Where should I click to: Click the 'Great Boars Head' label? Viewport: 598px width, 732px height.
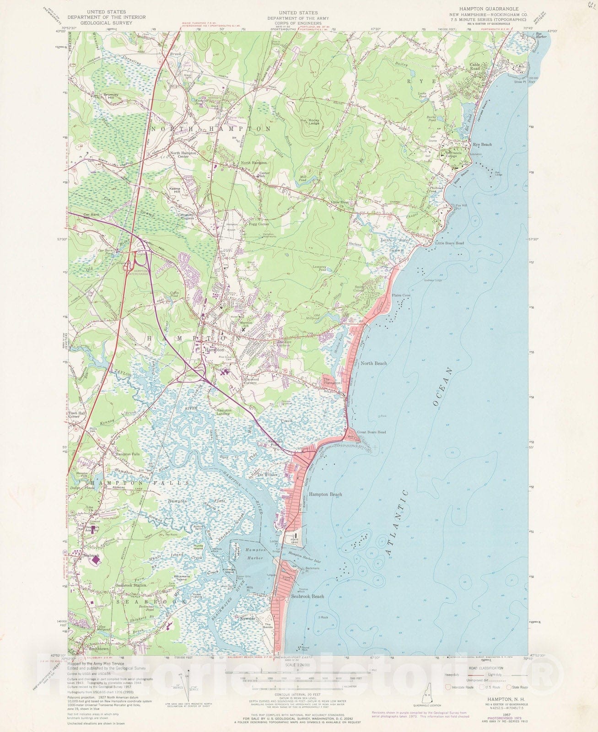point(371,432)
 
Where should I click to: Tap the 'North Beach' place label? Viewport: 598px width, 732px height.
point(373,363)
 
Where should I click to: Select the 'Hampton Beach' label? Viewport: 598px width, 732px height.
point(325,495)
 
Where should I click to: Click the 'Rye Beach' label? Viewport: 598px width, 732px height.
point(482,145)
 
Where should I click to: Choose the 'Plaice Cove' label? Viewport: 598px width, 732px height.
point(401,296)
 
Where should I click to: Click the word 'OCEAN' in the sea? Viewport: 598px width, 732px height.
point(442,387)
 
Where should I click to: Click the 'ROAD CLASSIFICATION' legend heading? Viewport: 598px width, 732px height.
point(485,668)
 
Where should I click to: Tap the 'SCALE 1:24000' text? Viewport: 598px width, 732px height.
point(297,665)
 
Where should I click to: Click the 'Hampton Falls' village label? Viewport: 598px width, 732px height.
point(128,454)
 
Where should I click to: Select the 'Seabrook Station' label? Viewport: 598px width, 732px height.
point(131,585)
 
